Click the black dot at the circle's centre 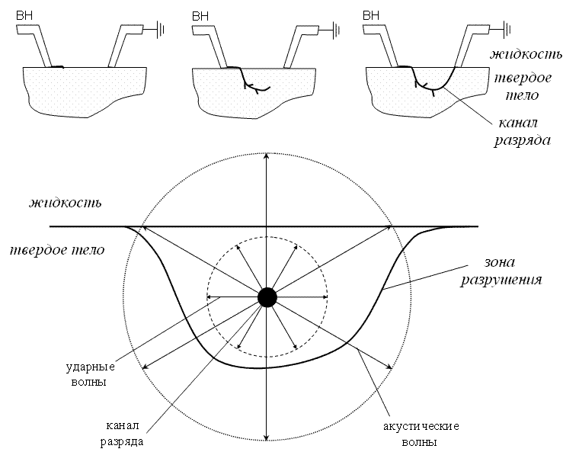tap(267, 297)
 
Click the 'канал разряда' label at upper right tap(523, 131)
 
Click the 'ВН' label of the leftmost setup tap(24, 14)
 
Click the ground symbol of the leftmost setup tap(161, 30)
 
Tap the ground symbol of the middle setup tap(337, 30)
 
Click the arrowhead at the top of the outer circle tap(266, 157)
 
